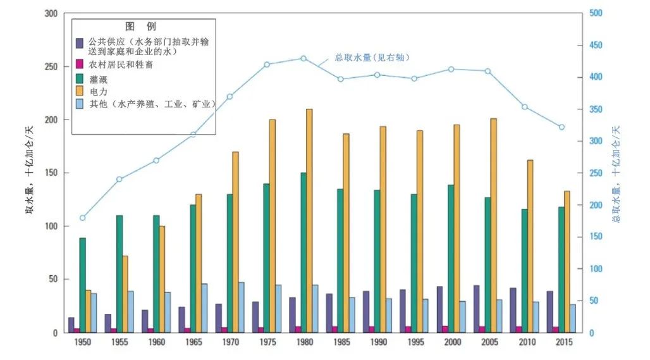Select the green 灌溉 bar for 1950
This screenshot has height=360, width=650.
point(82,285)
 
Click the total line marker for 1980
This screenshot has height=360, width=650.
point(304,58)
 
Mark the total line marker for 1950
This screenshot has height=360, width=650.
point(82,218)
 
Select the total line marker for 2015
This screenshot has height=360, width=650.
point(561,127)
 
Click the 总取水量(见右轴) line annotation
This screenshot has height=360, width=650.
point(372,58)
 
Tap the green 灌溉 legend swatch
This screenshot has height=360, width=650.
point(80,79)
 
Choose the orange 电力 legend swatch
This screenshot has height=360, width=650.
point(80,92)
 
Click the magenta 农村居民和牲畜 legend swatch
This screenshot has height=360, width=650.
point(80,65)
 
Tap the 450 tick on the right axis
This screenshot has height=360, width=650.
point(596,46)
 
